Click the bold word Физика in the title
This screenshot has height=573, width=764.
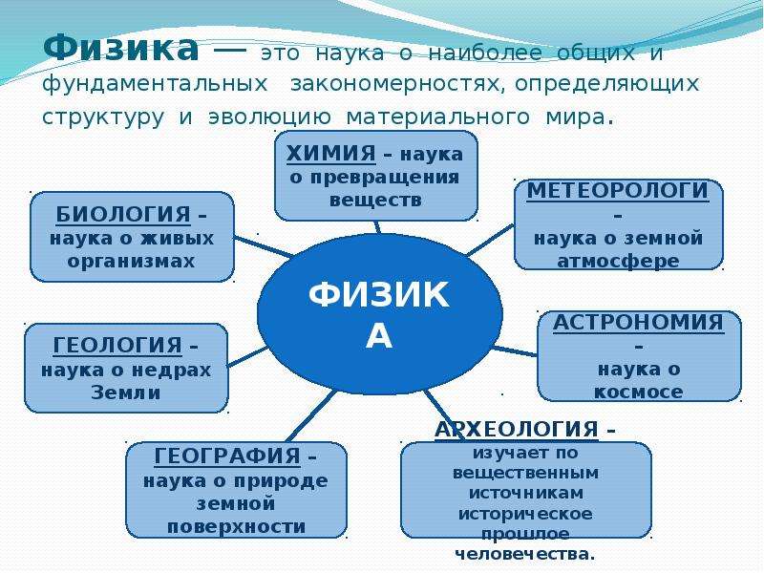coord(121,48)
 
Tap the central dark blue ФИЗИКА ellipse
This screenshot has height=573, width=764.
coord(379,314)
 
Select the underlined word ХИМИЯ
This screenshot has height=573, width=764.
coord(330,154)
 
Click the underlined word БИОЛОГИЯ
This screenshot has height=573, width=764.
coord(123,214)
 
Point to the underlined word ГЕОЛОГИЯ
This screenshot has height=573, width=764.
coord(117,346)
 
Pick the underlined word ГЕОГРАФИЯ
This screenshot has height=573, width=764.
coord(227,456)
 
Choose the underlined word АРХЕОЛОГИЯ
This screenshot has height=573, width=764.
coord(517,429)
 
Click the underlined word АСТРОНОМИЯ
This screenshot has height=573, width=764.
coord(638,323)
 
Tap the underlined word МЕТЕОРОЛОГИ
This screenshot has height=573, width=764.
coord(617,190)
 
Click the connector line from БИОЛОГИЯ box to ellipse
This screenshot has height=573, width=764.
coord(264,246)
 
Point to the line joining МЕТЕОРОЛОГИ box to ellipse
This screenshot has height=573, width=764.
coord(491,240)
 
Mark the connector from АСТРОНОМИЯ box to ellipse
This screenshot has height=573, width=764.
coord(515,350)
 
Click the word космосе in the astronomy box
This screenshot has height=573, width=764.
coord(638,393)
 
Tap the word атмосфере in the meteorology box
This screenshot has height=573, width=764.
coord(618,262)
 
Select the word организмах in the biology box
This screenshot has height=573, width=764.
coord(131,262)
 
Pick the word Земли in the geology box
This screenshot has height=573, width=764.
coord(126,393)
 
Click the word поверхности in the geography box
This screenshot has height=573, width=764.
coord(236,527)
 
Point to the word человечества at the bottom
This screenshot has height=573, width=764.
coord(524,555)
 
